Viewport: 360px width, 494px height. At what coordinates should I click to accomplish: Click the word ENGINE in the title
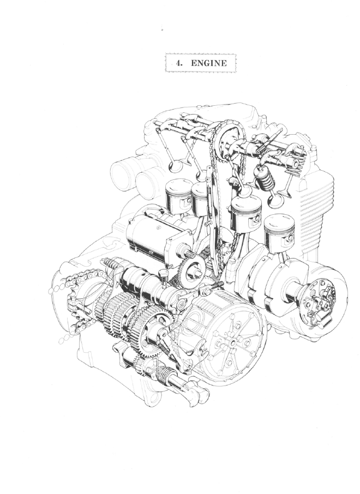coord(209,63)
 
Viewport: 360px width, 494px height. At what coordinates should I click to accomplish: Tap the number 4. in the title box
coord(179,63)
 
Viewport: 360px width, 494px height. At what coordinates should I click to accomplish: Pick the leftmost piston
coord(178,195)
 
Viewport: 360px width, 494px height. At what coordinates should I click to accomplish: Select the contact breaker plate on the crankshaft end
coord(319,302)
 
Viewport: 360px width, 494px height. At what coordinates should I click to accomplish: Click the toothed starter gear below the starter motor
coord(191,272)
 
